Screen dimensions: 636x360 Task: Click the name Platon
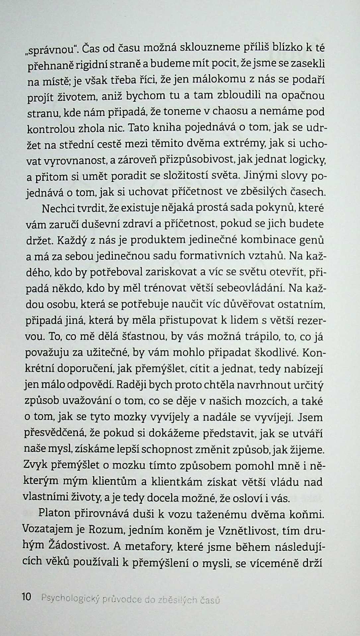tap(54, 513)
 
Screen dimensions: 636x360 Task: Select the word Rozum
tap(107, 530)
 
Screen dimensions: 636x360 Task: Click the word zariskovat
tap(170, 272)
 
